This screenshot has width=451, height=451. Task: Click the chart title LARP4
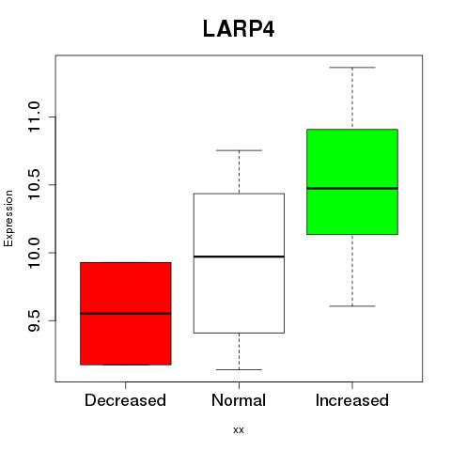(239, 29)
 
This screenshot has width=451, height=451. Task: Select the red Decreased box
(126, 314)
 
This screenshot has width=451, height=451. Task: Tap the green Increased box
(352, 181)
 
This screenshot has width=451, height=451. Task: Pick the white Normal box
(239, 263)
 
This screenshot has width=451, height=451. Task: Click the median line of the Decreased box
(126, 313)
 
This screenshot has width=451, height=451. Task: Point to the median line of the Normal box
(239, 257)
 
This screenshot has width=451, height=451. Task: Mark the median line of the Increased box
(352, 188)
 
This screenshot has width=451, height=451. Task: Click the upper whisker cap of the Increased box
(352, 68)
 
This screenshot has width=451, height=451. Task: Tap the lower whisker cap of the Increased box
(352, 306)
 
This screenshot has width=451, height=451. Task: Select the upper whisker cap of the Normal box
(239, 150)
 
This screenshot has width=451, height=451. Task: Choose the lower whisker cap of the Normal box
(239, 369)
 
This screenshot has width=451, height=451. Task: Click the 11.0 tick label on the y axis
(34, 117)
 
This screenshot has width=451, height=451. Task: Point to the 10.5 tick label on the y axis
(34, 185)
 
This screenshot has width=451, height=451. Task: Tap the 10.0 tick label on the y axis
(34, 253)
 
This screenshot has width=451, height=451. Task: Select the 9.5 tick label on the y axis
(34, 320)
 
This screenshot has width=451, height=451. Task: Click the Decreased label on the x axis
(125, 400)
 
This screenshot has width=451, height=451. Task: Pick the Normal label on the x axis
(239, 400)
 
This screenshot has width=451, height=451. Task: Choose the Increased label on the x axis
(352, 400)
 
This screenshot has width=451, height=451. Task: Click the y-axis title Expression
(8, 218)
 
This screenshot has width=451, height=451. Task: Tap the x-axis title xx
(239, 430)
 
